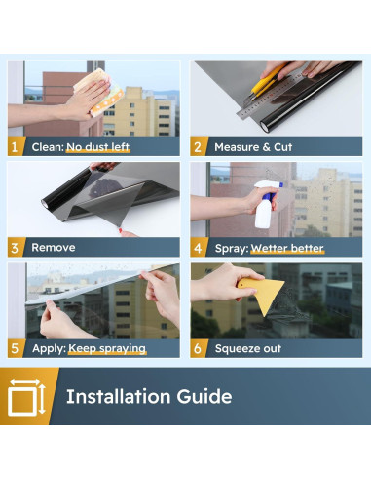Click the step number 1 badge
click(15, 146)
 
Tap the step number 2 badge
click(198, 146)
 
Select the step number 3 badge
click(15, 248)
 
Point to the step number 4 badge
click(198, 248)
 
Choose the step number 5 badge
click(15, 348)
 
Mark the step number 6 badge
click(198, 348)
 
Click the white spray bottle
click(267, 205)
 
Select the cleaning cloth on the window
click(99, 93)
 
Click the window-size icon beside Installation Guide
click(27, 396)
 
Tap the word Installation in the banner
click(118, 396)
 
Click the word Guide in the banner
click(204, 396)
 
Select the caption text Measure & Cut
click(253, 147)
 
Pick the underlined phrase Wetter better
click(287, 249)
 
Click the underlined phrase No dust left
click(98, 147)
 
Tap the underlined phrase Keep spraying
click(107, 348)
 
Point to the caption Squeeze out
click(248, 348)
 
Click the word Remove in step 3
click(54, 248)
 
